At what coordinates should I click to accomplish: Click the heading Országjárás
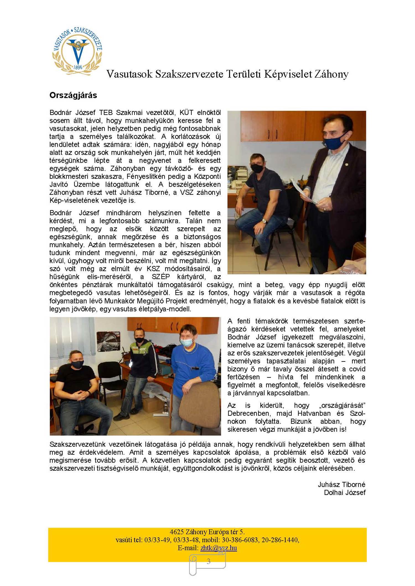click(73, 95)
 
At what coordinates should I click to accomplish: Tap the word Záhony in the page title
click(331, 74)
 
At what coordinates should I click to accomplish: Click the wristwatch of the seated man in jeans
click(265, 221)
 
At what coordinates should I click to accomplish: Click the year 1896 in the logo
click(78, 67)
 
